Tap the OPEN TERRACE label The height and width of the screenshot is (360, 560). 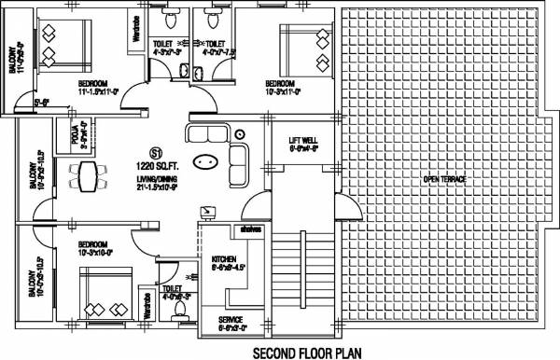pyautogui.click(x=443, y=179)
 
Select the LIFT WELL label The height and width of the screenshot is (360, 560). pyautogui.click(x=303, y=142)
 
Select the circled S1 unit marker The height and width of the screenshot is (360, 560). pyautogui.click(x=156, y=151)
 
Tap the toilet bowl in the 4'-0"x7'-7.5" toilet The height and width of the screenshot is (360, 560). pyautogui.click(x=213, y=19)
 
